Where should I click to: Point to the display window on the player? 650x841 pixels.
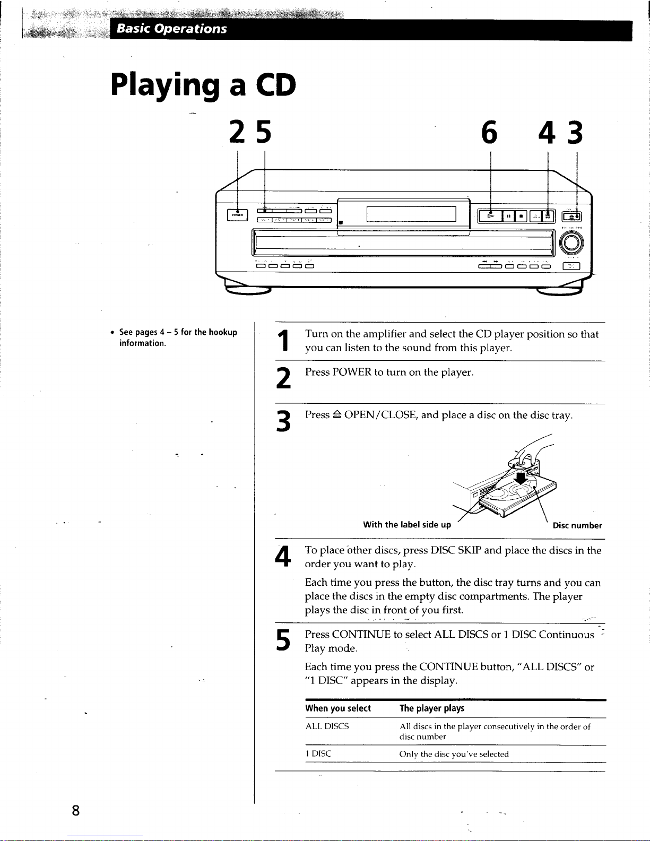[x=411, y=214]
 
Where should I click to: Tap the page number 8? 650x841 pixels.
[x=76, y=811]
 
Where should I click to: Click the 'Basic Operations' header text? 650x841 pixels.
[x=171, y=29]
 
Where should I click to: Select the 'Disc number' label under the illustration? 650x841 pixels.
[x=577, y=526]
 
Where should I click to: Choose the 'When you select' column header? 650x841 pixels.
[x=338, y=708]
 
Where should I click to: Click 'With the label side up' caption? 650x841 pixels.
[x=407, y=525]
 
